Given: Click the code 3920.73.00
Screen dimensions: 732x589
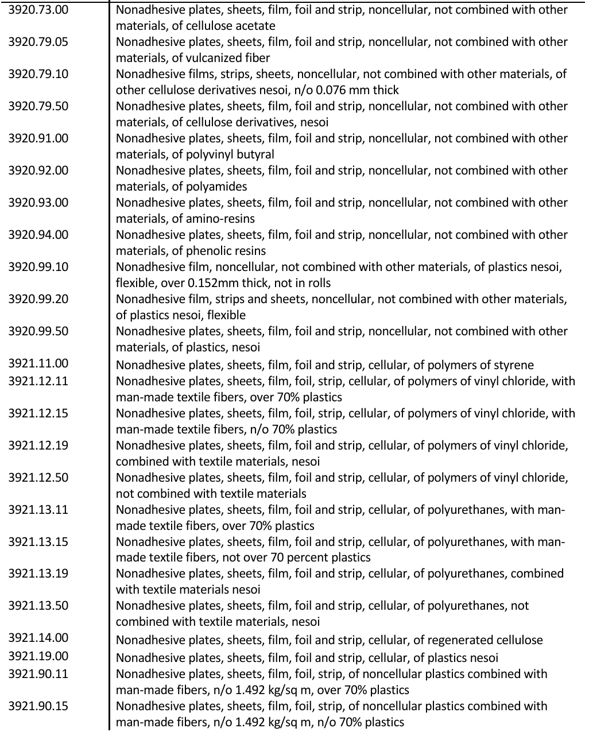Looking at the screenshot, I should tap(38, 10).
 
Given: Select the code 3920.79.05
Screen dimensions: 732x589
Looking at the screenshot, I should tap(38, 42).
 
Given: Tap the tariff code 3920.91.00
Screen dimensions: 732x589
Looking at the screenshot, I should tap(38, 138).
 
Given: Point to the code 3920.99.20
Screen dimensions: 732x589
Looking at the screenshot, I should tap(38, 299).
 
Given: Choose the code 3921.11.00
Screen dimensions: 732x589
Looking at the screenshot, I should tap(38, 363).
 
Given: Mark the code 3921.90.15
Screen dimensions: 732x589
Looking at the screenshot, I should tap(38, 706).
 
